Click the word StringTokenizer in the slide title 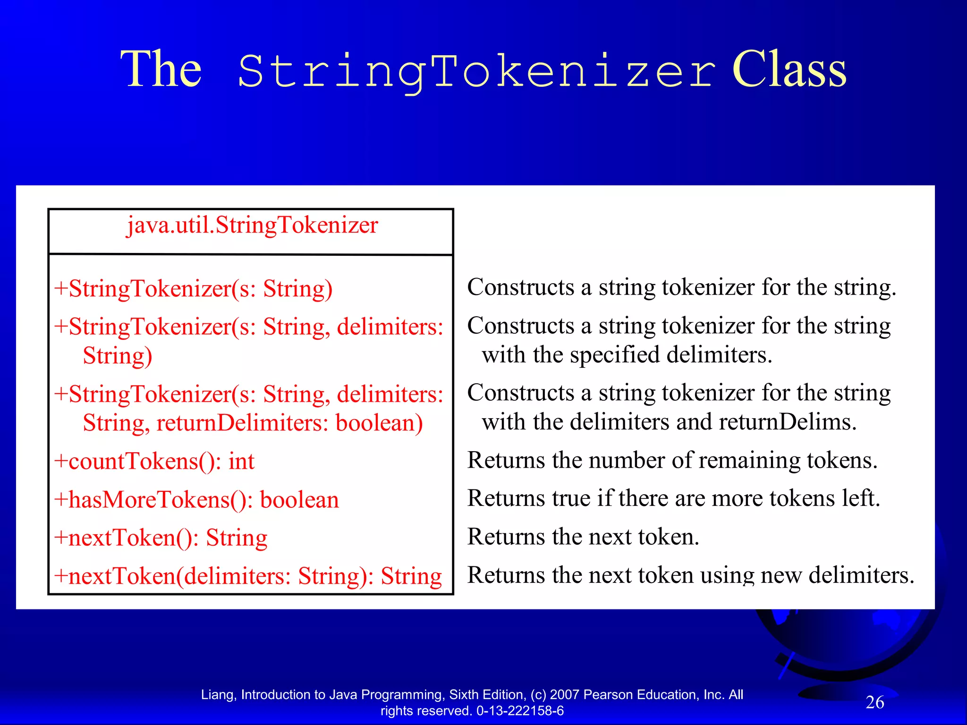[476, 72]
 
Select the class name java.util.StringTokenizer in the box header [252, 225]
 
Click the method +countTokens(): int [154, 461]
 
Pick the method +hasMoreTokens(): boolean [196, 500]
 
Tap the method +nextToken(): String [161, 538]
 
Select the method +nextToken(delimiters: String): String [248, 576]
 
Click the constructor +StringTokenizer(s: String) [194, 289]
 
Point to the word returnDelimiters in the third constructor [242, 423]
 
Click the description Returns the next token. [583, 537]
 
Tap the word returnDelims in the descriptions [784, 422]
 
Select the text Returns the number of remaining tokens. [672, 460]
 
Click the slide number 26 [874, 702]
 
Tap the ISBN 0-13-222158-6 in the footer [520, 711]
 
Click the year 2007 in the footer [565, 695]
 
